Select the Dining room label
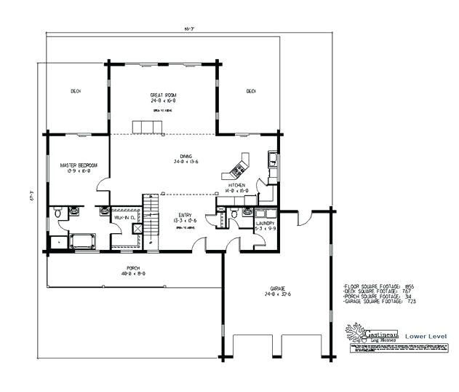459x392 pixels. tap(185, 157)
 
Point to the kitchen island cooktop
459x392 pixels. tap(238, 171)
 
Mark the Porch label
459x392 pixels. tap(133, 268)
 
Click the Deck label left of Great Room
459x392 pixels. tap(76, 91)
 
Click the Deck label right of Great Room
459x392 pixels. tap(250, 91)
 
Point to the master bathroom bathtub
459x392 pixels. tap(82, 240)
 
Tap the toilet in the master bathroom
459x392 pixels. tap(57, 213)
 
